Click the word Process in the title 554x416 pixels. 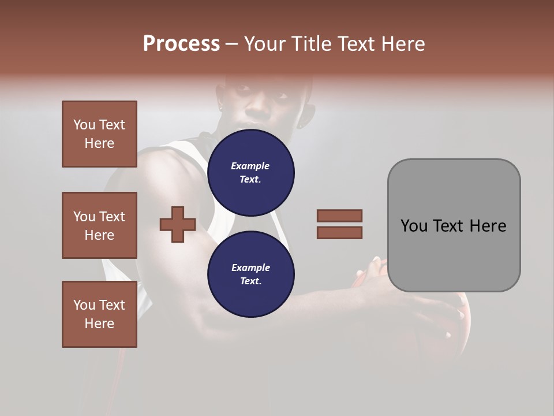pos(181,44)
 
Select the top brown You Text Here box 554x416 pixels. pos(99,134)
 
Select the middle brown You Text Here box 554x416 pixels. pos(99,225)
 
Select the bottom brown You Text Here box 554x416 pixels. pos(99,314)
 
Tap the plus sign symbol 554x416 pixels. pos(178,224)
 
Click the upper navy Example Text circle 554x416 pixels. pos(250,173)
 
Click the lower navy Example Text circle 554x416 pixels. pos(250,274)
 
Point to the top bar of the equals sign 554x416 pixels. pos(339,216)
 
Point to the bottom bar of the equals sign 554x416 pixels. pos(339,233)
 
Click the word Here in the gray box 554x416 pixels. pos(488,226)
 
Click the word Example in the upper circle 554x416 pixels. pos(250,166)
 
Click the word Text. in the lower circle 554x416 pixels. pos(250,281)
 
